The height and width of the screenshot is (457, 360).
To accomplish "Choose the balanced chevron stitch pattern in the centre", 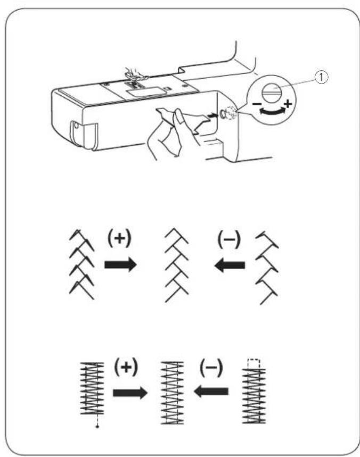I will tap(176, 264).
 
